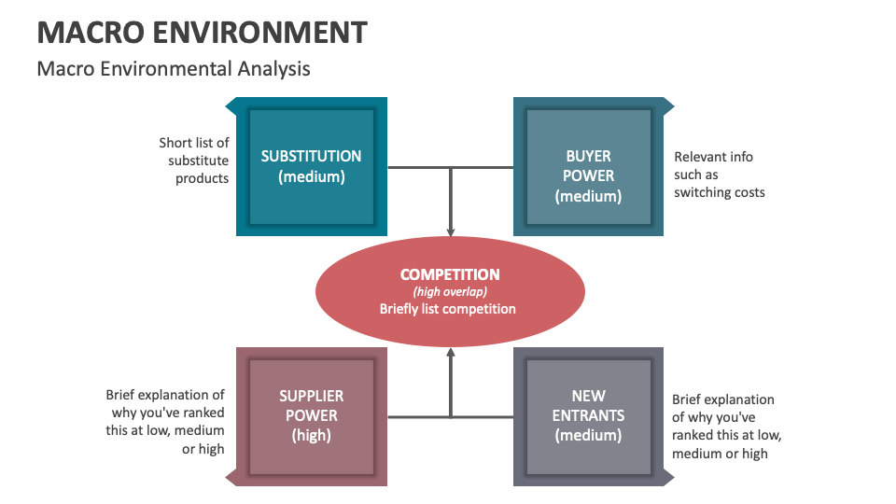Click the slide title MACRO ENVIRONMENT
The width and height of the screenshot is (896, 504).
pos(202,32)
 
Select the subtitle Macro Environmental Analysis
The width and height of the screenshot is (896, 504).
pos(174,69)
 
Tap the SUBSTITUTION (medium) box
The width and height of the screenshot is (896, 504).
pos(311,167)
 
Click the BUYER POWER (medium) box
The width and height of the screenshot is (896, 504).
pos(588,167)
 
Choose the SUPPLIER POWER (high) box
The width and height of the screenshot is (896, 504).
pos(311,416)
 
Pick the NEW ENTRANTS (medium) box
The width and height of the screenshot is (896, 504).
pos(588,416)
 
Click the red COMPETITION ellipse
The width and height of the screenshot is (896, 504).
pos(450,291)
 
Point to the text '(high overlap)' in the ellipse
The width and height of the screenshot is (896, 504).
pos(450,292)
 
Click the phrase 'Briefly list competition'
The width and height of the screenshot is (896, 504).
pos(448,309)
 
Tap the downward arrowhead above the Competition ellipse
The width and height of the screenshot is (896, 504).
pos(451,231)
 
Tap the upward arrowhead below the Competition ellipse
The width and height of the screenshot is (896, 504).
pos(451,354)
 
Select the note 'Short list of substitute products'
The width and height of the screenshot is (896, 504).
pos(194,161)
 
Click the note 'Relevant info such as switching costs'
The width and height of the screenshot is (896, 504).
pos(719,175)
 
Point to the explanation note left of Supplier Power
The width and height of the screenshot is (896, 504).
pos(165,422)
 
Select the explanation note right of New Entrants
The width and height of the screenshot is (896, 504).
pos(726,427)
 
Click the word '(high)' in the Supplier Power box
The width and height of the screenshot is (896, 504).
pos(312,435)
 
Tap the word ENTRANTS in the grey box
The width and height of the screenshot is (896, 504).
pos(588,415)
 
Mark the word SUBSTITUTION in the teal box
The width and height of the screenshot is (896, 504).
pos(311,157)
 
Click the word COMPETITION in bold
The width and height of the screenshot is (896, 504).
pos(450,274)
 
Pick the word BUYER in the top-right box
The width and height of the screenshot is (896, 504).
pos(588,156)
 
